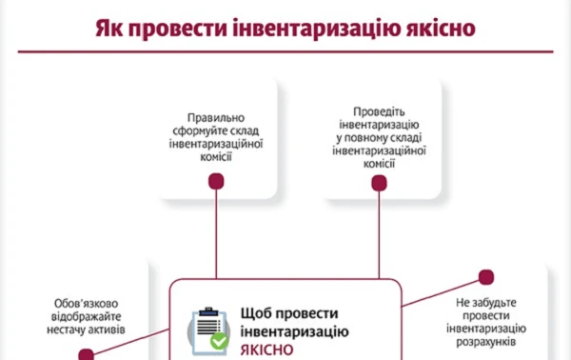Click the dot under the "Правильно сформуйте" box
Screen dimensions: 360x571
pos(217,182)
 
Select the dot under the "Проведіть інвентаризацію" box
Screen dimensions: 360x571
pos(380,182)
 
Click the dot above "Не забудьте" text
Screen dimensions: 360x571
pos(486,277)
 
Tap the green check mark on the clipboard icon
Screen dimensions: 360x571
pos(219,340)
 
